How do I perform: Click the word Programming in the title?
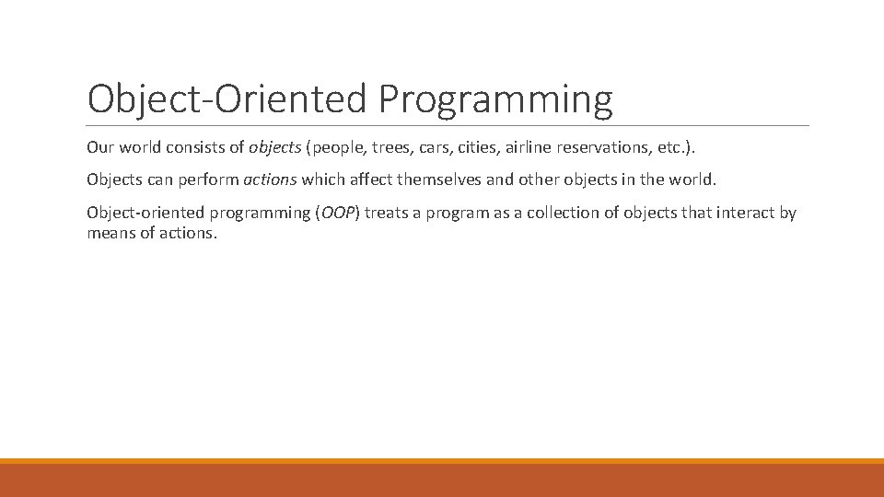pos(494,99)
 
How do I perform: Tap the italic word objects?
pos(274,147)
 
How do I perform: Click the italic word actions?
pos(270,179)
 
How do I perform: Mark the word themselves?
pos(436,179)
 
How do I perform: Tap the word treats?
pos(389,213)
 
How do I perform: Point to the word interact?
pos(744,213)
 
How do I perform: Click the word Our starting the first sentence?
pos(100,147)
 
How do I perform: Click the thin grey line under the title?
pos(448,125)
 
